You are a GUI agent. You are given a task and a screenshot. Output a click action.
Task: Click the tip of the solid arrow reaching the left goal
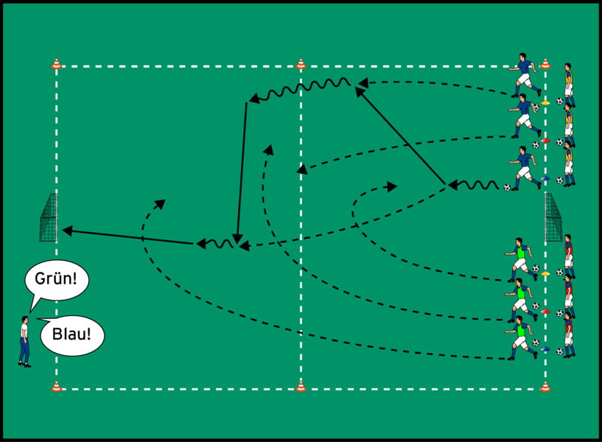click(x=62, y=230)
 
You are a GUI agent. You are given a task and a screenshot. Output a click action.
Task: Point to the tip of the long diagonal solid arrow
click(x=355, y=88)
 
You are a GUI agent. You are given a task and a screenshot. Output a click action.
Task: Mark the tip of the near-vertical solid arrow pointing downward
click(x=237, y=244)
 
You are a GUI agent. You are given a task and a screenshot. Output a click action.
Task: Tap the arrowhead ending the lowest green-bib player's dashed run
click(x=165, y=200)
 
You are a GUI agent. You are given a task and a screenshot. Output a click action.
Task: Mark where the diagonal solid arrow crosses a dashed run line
click(x=407, y=144)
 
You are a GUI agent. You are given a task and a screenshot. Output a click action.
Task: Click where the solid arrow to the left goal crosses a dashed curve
click(x=142, y=238)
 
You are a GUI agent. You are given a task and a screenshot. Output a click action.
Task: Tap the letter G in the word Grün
click(x=39, y=278)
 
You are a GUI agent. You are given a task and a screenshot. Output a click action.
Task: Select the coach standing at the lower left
click(x=24, y=342)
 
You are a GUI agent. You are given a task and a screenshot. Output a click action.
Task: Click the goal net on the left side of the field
click(x=49, y=217)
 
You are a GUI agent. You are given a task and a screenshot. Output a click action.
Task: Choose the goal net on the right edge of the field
click(x=553, y=217)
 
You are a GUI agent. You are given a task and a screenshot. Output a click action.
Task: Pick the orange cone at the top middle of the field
click(x=301, y=63)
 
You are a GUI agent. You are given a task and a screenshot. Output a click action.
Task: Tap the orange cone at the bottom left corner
click(x=57, y=386)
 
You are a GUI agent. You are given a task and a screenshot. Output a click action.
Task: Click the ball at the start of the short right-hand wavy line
click(x=507, y=188)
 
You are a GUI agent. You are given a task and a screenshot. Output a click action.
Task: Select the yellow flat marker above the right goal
click(x=545, y=102)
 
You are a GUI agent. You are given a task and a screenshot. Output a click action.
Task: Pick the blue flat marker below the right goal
click(x=545, y=349)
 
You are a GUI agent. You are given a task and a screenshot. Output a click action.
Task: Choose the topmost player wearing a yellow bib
click(x=569, y=85)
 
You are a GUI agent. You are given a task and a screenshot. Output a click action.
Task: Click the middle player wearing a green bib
click(x=521, y=300)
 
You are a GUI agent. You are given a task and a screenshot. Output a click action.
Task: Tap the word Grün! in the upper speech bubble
click(x=56, y=278)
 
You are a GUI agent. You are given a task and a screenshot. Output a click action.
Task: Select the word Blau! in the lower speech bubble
click(x=71, y=334)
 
